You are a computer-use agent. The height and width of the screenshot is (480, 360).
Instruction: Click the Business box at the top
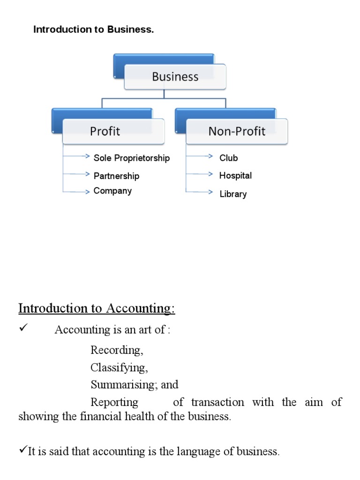[x=175, y=77]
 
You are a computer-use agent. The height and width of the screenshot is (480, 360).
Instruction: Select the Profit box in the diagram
[x=113, y=131]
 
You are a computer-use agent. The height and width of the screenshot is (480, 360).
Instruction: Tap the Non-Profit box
[x=237, y=131]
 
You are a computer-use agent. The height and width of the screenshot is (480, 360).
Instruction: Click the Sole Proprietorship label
[x=131, y=158]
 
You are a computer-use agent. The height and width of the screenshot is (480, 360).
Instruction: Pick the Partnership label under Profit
[x=116, y=176]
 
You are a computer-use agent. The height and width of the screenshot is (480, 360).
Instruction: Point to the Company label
[x=112, y=191]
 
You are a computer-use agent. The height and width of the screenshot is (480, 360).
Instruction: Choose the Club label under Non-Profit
[x=229, y=158]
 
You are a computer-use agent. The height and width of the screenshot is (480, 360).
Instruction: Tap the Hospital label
[x=235, y=176]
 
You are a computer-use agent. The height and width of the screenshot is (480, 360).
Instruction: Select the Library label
[x=233, y=194]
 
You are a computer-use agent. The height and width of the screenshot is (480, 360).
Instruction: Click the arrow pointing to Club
[x=200, y=157]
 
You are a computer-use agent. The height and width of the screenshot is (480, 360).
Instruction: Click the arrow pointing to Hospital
[x=200, y=174]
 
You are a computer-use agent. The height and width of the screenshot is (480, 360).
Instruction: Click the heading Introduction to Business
[x=93, y=30]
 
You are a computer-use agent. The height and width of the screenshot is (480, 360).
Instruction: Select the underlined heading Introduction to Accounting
[x=96, y=308]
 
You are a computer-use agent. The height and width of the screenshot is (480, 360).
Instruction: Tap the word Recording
[x=117, y=350]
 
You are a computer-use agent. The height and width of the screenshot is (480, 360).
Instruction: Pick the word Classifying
[x=119, y=367]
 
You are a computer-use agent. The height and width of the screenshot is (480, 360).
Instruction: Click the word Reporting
[x=114, y=402]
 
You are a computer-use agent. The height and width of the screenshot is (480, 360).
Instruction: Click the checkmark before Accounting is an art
[x=24, y=329]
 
